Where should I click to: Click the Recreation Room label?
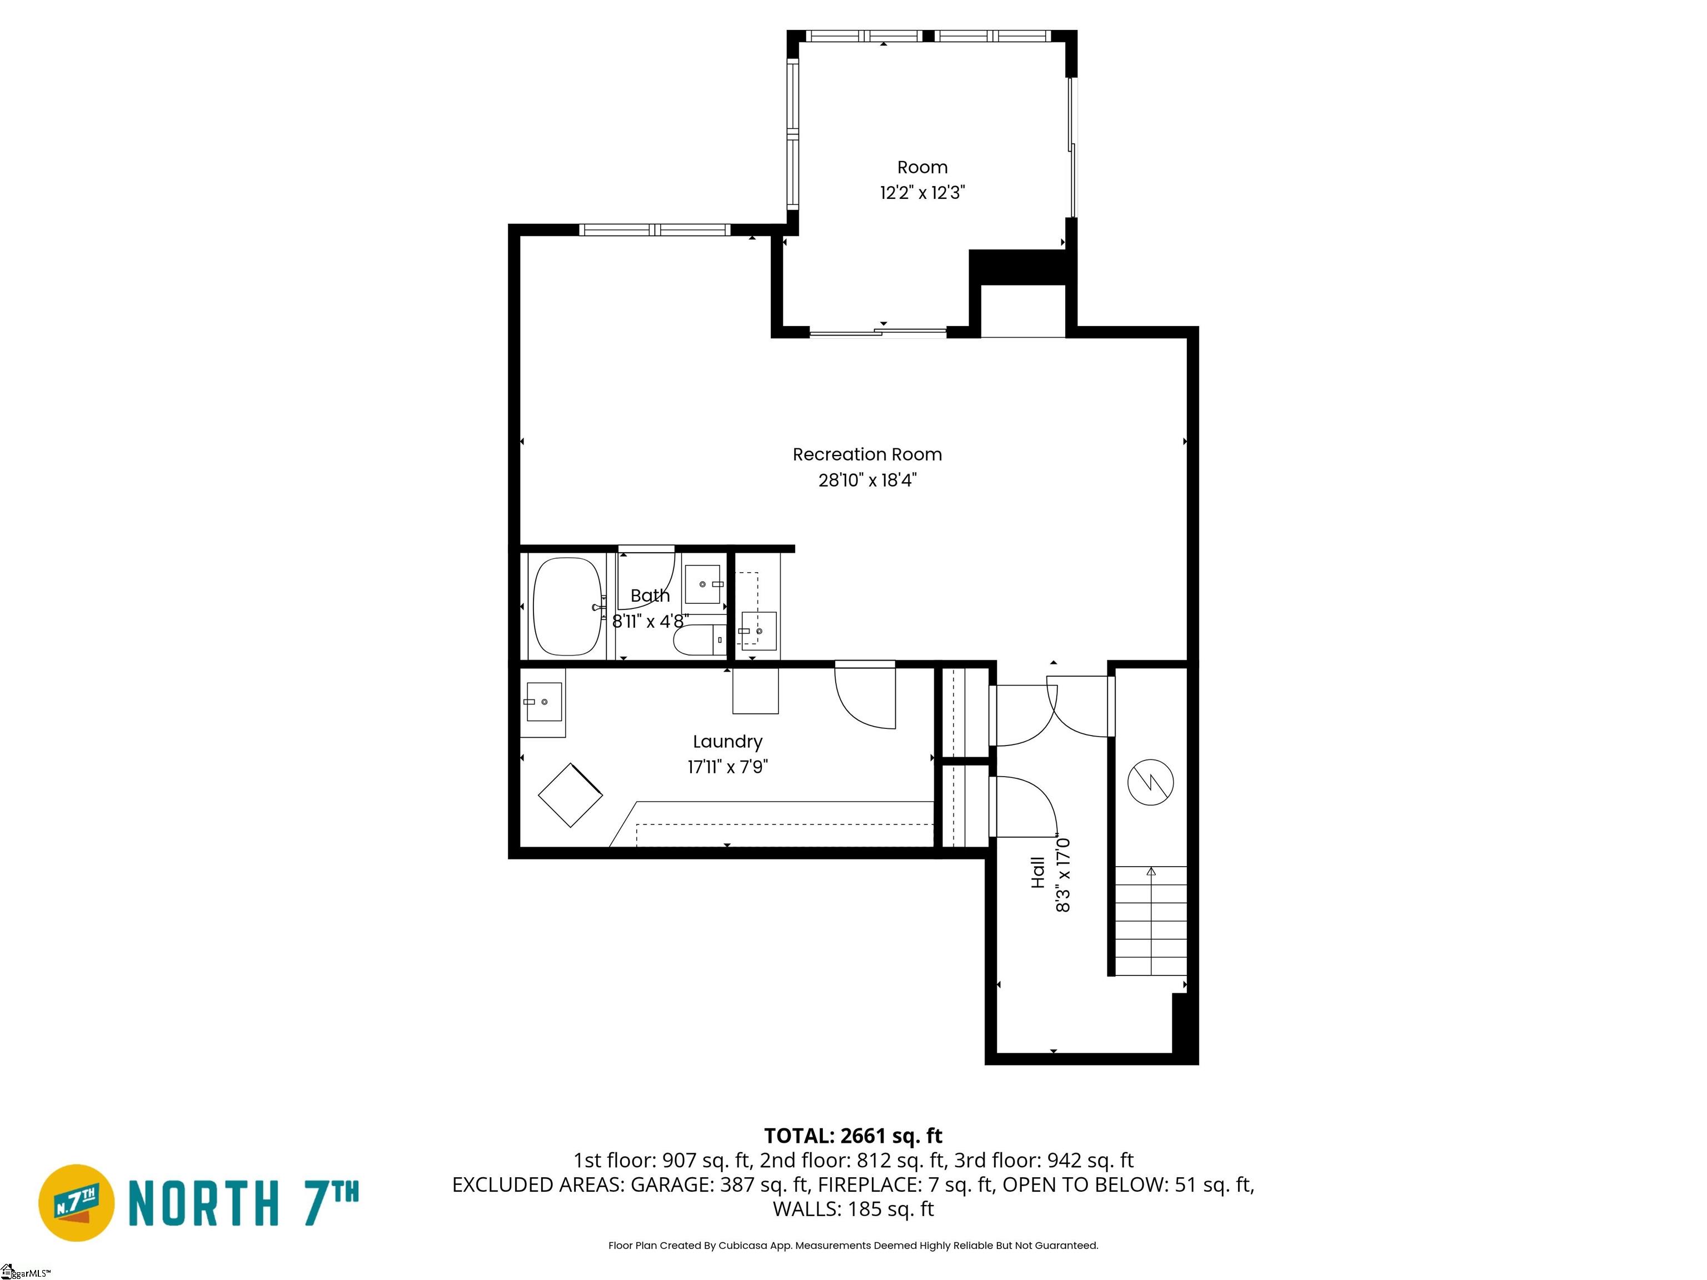point(867,454)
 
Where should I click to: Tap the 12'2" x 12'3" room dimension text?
point(922,192)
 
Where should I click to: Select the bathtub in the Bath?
point(568,607)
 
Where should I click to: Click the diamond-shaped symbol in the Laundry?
point(570,796)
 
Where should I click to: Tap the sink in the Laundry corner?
point(543,702)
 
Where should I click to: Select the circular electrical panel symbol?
point(1151,782)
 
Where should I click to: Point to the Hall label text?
point(1038,873)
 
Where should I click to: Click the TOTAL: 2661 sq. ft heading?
point(853,1136)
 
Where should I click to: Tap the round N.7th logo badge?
point(76,1203)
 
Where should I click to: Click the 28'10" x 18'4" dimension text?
point(867,480)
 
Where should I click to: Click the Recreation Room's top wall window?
point(655,229)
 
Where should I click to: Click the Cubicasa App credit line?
point(853,1246)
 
